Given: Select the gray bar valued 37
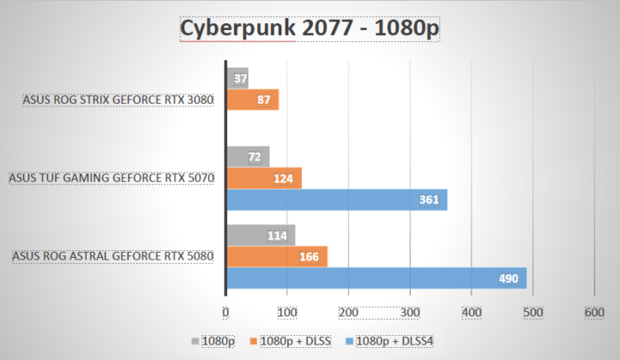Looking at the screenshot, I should [237, 79].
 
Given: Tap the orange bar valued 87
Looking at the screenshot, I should [252, 99].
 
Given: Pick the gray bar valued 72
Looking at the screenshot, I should [247, 157].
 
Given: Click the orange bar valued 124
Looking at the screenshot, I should [263, 178].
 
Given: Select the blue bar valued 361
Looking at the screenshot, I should [335, 200].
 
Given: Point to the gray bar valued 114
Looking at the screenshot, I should [260, 235].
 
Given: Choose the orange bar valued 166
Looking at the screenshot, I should [276, 256].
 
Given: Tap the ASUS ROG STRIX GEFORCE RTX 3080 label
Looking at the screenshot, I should [117, 99].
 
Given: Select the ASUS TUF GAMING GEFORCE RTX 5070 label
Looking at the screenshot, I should [111, 178].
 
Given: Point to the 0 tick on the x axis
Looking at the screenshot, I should [226, 311].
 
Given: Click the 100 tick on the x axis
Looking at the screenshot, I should [287, 311].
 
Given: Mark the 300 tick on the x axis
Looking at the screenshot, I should [410, 311].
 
